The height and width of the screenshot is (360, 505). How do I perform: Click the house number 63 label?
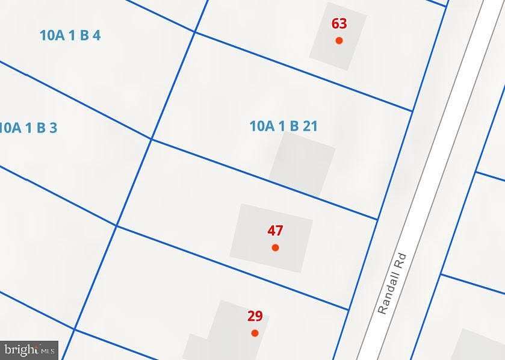[x=339, y=24]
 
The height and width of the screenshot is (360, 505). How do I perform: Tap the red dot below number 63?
[x=339, y=40]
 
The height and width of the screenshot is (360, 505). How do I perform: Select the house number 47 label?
[x=275, y=231]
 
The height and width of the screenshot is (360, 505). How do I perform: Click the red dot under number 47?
[x=275, y=247]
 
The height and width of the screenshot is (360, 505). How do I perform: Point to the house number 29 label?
[x=255, y=316]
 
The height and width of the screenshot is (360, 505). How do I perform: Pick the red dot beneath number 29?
[x=255, y=333]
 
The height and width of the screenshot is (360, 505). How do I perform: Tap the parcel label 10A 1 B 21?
[x=283, y=126]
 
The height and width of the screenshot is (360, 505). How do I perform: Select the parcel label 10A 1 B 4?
[x=70, y=36]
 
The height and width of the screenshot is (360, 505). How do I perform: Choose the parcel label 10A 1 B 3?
[x=28, y=128]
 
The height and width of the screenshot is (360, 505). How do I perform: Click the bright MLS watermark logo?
[x=29, y=349]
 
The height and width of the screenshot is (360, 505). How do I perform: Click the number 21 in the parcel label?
[x=310, y=126]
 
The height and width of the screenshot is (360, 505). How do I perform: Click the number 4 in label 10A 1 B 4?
[x=96, y=36]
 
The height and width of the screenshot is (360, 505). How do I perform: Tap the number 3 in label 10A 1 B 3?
[x=53, y=128]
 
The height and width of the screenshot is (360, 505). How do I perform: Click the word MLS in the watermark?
[x=48, y=350]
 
